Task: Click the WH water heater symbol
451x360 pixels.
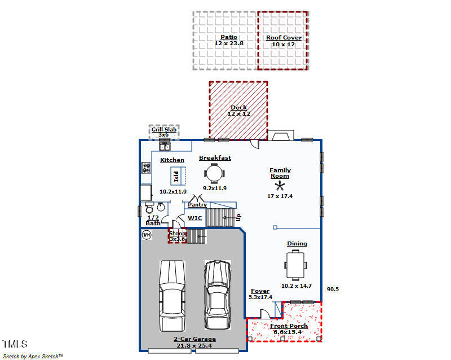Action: (147, 235)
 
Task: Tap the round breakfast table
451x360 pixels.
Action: (214, 174)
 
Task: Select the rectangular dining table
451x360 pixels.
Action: (295, 265)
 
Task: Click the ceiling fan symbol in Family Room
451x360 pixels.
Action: (280, 186)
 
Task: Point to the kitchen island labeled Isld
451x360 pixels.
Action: (178, 175)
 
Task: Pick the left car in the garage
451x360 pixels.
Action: (172, 296)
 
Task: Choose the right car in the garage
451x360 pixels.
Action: (218, 295)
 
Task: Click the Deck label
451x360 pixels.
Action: (238, 107)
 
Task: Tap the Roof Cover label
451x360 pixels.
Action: (284, 37)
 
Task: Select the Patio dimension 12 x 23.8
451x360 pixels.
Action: (229, 43)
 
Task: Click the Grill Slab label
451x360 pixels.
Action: (164, 130)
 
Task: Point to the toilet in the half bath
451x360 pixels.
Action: (149, 207)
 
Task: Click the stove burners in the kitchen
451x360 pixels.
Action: (146, 168)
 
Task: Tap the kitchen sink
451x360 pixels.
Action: (165, 146)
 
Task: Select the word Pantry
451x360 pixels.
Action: (197, 204)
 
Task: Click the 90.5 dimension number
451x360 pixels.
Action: (333, 289)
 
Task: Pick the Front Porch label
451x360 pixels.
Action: (289, 326)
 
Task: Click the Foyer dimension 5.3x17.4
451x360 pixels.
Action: (260, 297)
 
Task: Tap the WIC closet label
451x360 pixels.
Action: (194, 218)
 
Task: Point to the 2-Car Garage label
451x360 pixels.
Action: (194, 339)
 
